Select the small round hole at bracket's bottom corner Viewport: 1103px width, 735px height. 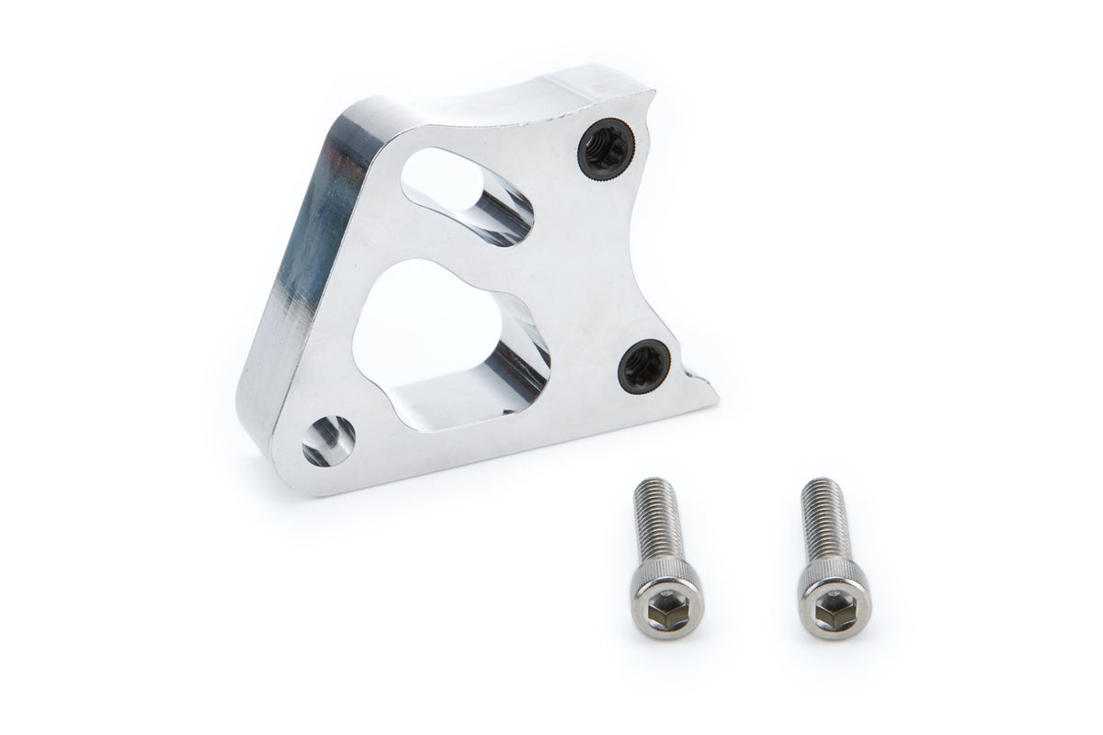pos(328,439)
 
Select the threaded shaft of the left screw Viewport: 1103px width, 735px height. pos(657,519)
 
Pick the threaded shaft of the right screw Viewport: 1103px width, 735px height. pos(824,519)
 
